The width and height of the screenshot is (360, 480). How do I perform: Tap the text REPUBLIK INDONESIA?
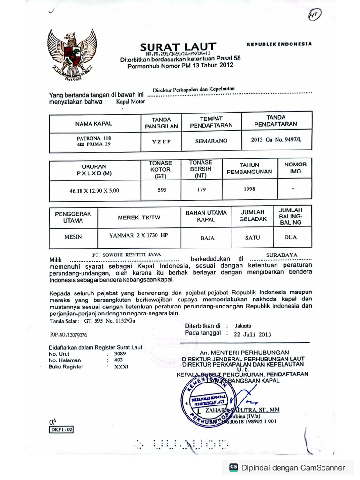coord(279,44)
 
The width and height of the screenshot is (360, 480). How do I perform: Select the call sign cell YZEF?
coord(161,141)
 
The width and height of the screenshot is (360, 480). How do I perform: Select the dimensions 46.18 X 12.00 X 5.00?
coord(94,191)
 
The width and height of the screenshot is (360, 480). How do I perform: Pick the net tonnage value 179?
coord(200,190)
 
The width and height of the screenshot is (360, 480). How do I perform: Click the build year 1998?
coord(249,188)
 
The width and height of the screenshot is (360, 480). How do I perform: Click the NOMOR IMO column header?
coord(295,168)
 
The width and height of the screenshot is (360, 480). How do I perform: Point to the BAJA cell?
coord(207,238)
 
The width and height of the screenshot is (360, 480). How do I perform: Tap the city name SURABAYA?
coord(282,255)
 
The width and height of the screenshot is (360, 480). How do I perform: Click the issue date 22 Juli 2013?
coord(253,334)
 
